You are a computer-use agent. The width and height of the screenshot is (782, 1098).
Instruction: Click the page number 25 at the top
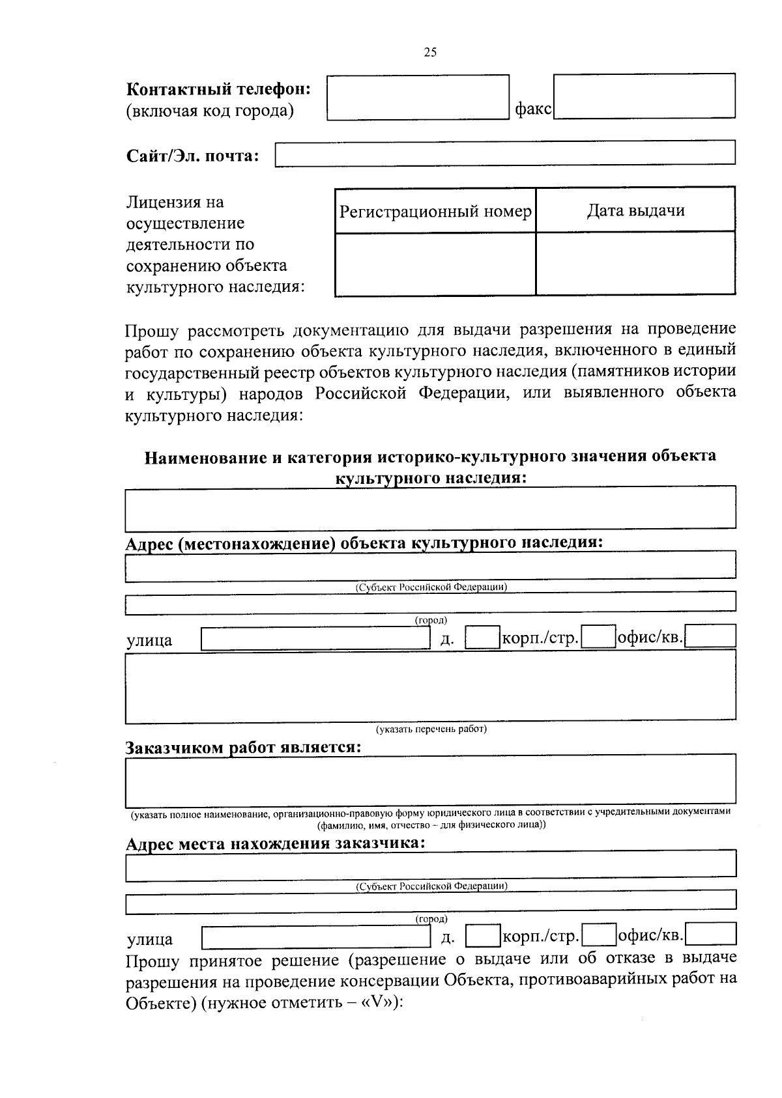[430, 53]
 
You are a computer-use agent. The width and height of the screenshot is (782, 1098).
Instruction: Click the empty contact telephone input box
[418, 98]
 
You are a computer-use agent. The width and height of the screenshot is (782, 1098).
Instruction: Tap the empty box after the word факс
[644, 96]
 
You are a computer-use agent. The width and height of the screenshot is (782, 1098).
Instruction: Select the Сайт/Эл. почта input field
[505, 154]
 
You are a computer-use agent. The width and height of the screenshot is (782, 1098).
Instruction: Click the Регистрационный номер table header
[435, 211]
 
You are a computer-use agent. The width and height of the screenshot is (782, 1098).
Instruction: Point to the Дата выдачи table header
[635, 210]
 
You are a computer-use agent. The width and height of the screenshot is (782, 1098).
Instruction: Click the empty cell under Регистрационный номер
[435, 264]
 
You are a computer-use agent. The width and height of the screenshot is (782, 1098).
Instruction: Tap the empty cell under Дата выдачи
[635, 264]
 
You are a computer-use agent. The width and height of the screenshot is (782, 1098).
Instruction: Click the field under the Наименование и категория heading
[430, 508]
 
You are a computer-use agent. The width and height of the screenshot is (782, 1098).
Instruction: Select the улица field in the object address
[315, 639]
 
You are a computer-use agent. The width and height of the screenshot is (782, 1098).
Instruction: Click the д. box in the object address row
[482, 638]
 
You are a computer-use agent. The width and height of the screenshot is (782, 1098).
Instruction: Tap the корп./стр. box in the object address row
[599, 637]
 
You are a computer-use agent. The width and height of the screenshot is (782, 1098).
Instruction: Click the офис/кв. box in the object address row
[710, 636]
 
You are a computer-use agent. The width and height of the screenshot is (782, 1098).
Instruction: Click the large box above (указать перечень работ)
[430, 686]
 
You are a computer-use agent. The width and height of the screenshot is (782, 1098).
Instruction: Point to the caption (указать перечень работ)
[430, 729]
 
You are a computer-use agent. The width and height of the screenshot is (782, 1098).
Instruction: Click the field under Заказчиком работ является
[430, 780]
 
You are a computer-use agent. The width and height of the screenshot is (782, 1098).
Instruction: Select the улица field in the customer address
[315, 937]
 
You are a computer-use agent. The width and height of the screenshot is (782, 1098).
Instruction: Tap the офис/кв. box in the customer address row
[711, 934]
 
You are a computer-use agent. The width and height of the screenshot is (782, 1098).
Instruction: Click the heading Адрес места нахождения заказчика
[275, 843]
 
